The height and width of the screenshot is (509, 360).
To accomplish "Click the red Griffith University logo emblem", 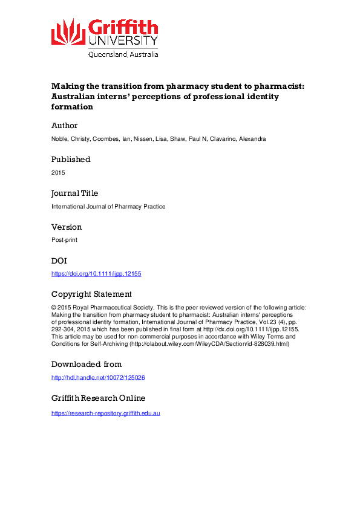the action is (x=68, y=31).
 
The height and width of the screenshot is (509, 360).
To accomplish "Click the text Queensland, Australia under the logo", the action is (x=123, y=54).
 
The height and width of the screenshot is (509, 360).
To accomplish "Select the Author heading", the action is (x=64, y=126).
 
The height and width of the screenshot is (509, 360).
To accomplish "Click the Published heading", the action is (x=71, y=160).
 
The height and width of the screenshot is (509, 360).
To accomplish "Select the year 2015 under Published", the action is (x=58, y=173).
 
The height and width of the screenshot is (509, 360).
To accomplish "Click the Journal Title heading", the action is (x=74, y=193).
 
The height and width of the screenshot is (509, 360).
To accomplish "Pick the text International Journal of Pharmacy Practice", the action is (x=108, y=207).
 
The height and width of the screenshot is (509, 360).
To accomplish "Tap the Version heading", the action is (x=67, y=227).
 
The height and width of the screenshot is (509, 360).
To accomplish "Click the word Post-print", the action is (x=64, y=241).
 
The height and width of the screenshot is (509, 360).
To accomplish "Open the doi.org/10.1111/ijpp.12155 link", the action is (x=96, y=274).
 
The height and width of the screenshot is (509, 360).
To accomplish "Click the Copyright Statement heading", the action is (x=91, y=294).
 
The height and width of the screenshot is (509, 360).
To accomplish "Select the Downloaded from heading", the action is (x=87, y=365).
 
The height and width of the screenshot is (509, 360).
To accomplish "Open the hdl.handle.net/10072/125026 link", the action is (x=98, y=378).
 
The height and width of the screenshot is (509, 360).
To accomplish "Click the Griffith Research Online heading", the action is (x=98, y=398).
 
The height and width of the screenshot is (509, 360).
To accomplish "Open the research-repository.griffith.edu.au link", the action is (x=105, y=413).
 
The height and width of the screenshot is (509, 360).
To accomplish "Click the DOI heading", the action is (x=60, y=261).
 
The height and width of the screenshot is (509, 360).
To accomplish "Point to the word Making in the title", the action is (x=67, y=86).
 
